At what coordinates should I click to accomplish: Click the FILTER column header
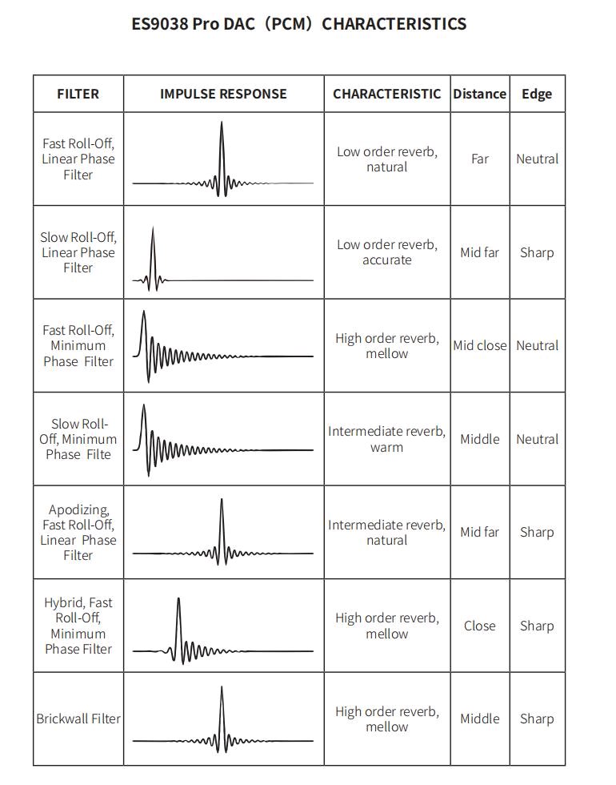tap(78, 94)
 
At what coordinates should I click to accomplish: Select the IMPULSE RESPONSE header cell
tap(223, 94)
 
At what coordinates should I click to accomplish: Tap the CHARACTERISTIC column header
tap(387, 94)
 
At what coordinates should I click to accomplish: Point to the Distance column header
tap(479, 94)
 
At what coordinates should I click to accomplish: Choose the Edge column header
tap(537, 94)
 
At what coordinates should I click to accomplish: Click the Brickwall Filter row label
tap(78, 719)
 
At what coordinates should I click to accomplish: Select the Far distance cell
tap(479, 159)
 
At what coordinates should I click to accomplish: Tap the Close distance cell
tap(479, 626)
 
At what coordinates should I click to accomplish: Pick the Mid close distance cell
tap(479, 345)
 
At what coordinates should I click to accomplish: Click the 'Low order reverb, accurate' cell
tap(387, 252)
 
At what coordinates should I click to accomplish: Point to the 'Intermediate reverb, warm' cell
tap(387, 439)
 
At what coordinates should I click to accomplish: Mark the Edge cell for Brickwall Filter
tap(537, 719)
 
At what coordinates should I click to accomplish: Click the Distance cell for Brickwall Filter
tap(479, 719)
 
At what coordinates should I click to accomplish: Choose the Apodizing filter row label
tap(78, 532)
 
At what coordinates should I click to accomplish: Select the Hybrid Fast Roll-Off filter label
tap(78, 626)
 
